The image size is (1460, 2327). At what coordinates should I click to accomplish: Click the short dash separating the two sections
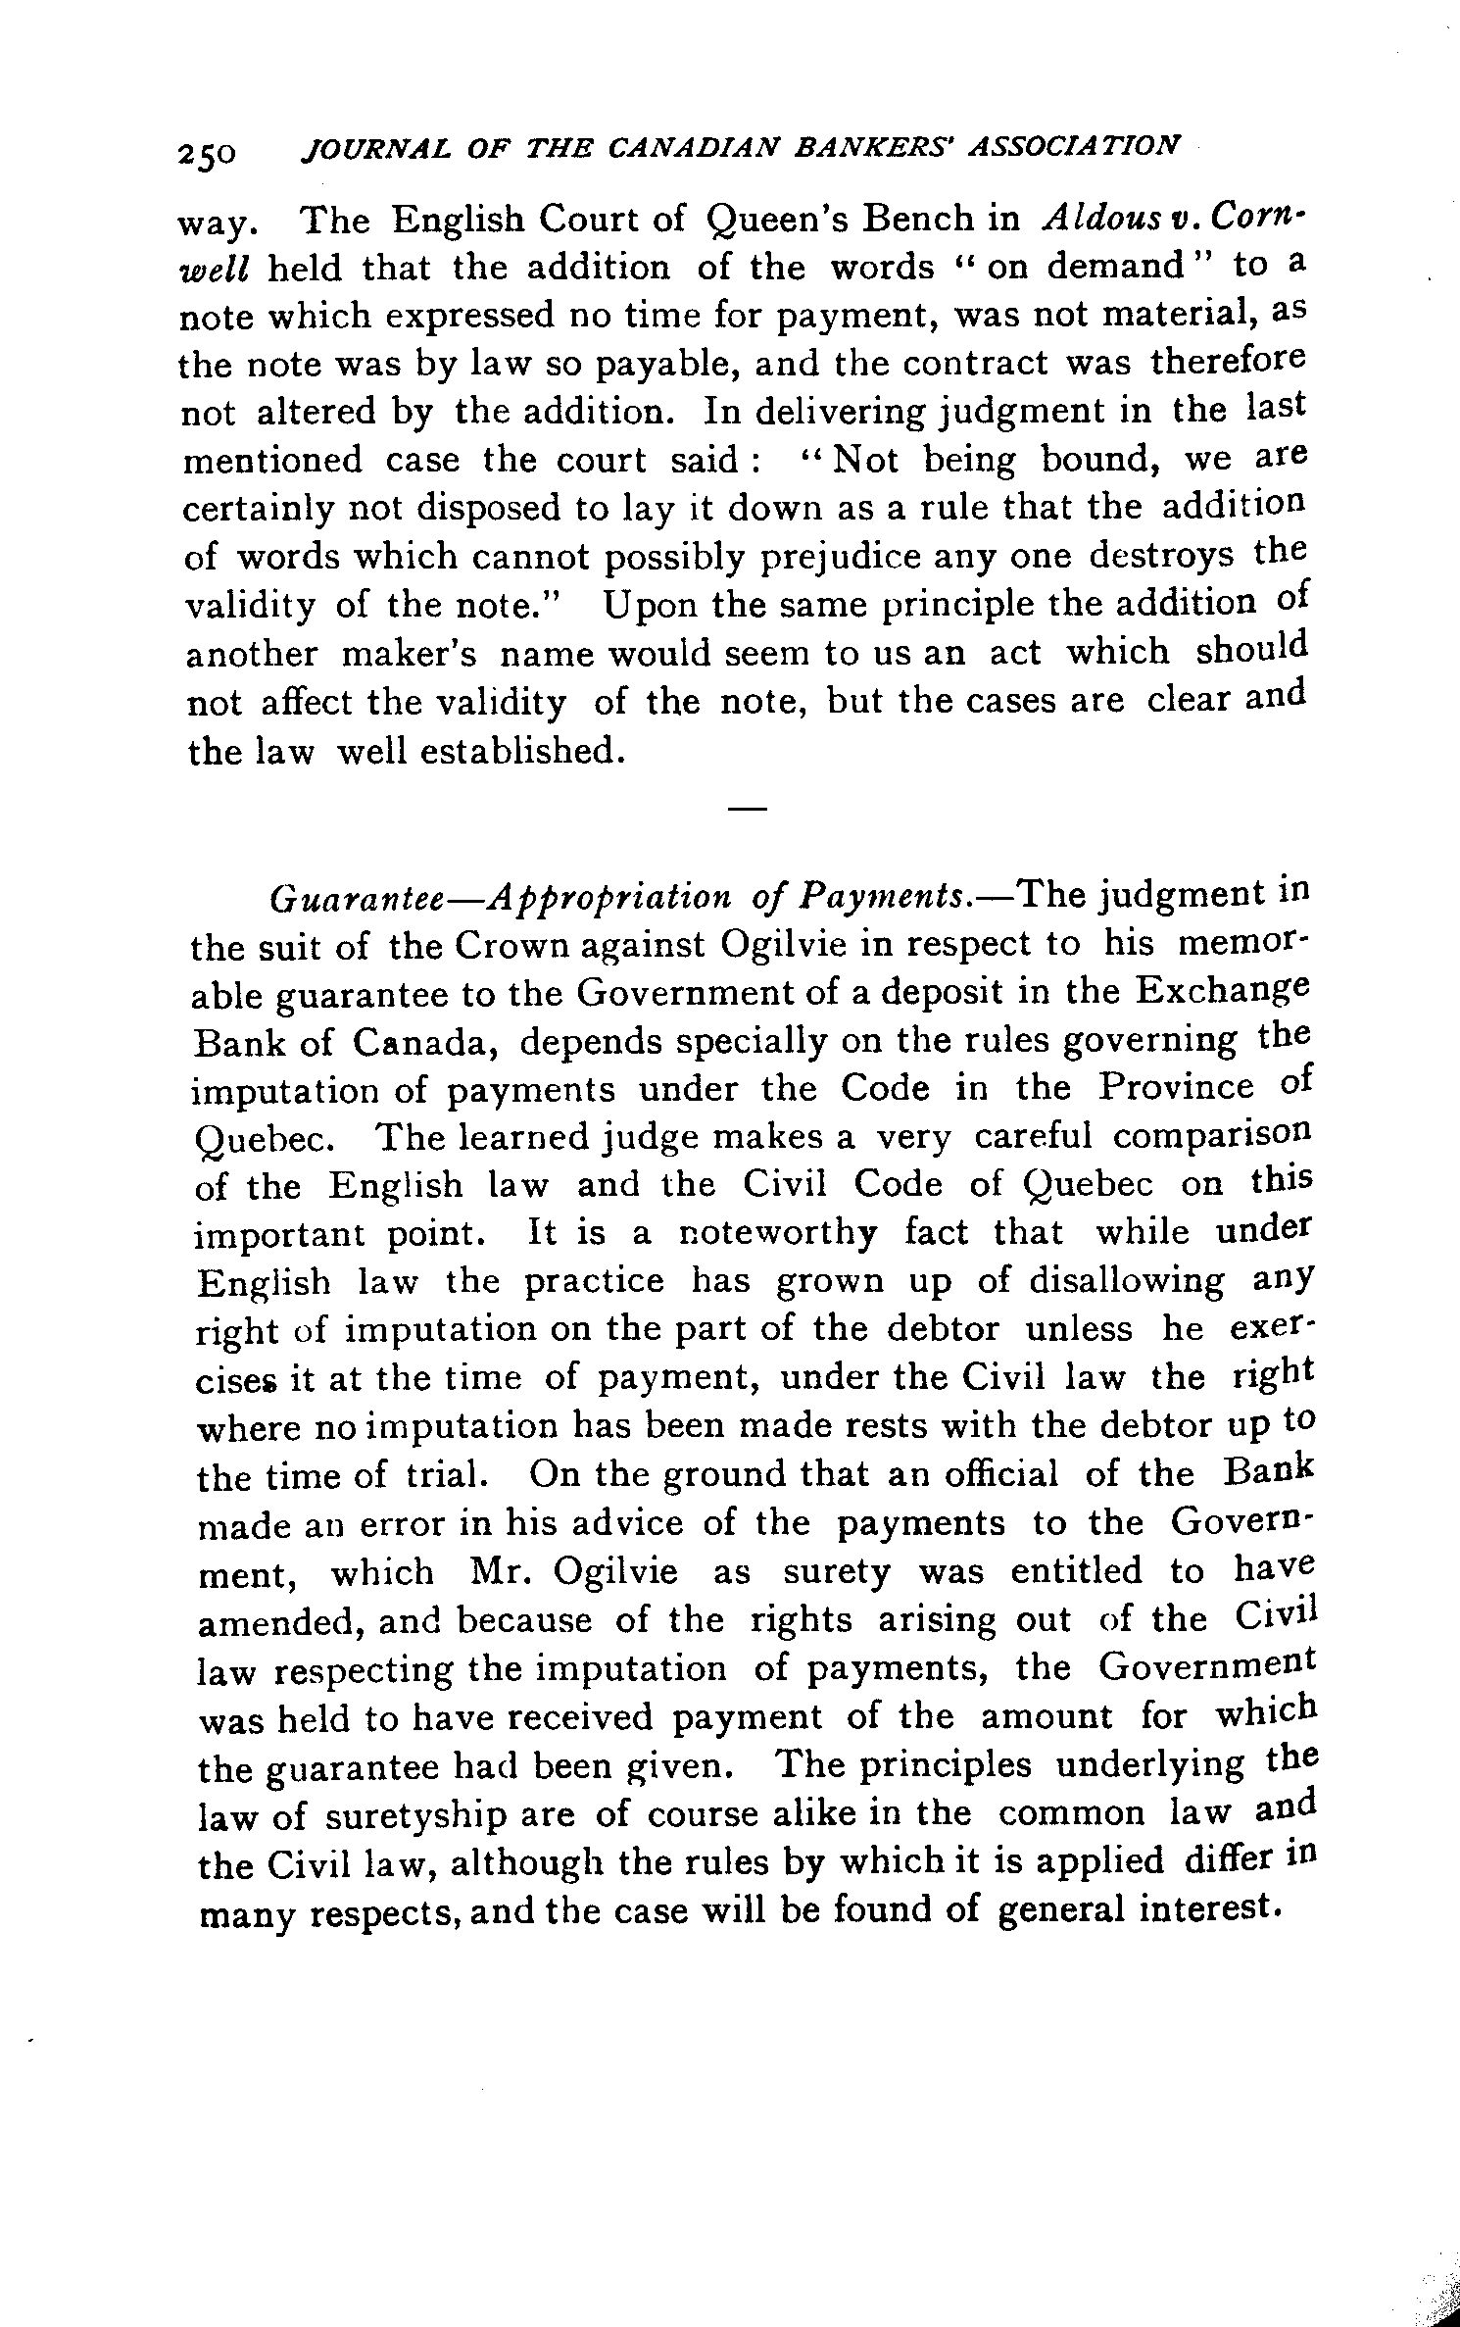click(x=747, y=809)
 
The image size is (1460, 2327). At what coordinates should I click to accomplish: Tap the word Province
click(x=1175, y=1088)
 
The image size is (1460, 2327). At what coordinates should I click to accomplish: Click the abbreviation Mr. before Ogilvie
click(x=500, y=1572)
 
